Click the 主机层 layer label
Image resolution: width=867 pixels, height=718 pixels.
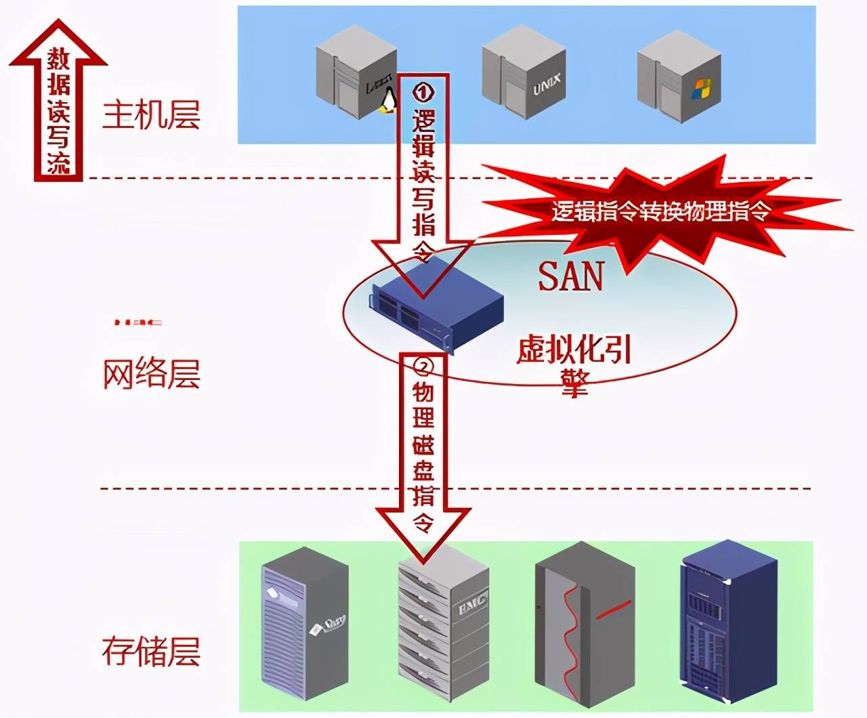[151, 114]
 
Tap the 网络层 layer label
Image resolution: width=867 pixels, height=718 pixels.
[151, 374]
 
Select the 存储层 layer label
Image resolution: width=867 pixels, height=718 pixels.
[151, 652]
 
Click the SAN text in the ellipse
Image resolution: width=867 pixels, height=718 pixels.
[570, 276]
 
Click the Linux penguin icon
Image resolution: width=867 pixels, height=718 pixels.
[387, 102]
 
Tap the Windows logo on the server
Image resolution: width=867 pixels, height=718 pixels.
[701, 89]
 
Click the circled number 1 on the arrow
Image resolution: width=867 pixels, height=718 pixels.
[423, 91]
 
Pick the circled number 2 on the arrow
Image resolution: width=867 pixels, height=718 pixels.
[423, 366]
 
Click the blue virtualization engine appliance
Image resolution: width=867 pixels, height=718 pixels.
[437, 306]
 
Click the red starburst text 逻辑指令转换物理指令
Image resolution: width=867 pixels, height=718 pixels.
[660, 211]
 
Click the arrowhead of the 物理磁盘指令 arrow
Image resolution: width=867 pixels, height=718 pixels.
[423, 538]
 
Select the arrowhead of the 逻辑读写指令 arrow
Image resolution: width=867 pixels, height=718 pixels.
[423, 271]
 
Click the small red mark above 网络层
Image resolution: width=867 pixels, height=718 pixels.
[138, 322]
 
